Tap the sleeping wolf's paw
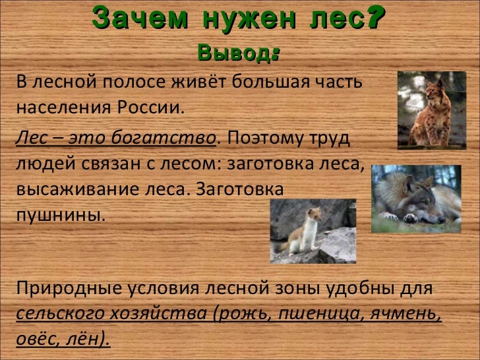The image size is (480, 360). coord(412,216)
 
